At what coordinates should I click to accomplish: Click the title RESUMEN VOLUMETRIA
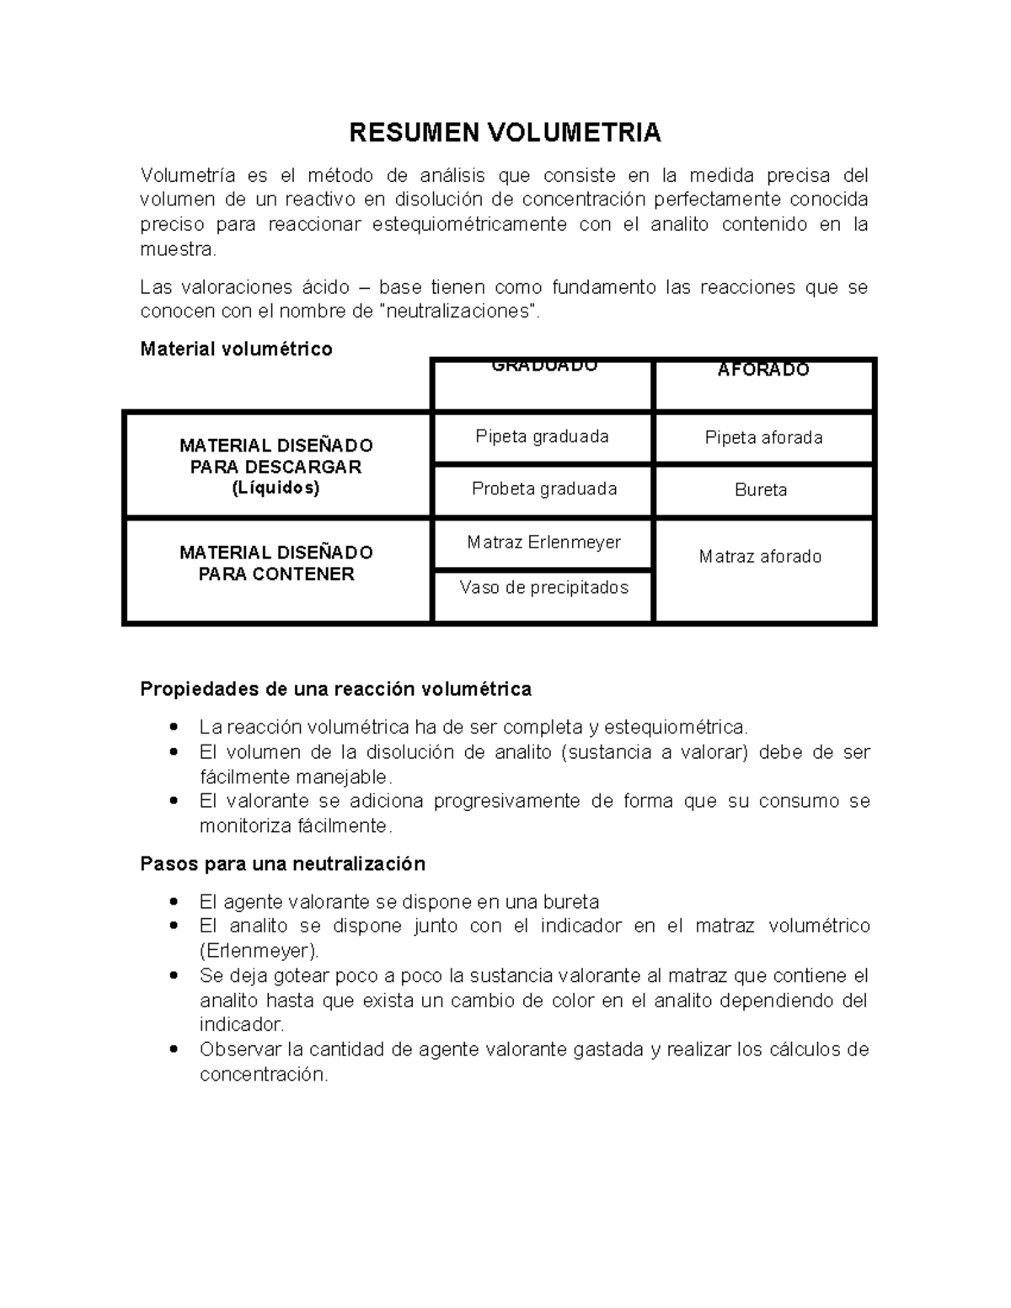tap(505, 132)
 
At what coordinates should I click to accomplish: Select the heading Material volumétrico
tap(236, 349)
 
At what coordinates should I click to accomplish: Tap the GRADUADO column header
tap(543, 367)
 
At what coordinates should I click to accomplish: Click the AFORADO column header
tap(763, 370)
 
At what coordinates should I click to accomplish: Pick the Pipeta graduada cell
tap(542, 436)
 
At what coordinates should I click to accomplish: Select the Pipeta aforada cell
tap(763, 437)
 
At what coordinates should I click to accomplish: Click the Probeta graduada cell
tap(543, 488)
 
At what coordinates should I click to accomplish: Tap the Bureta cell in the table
tap(761, 490)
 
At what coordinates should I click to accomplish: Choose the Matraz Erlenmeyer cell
tap(543, 542)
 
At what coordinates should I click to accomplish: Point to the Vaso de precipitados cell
tap(543, 587)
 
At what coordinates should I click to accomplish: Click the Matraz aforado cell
tap(761, 557)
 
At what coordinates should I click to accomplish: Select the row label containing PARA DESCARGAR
tap(276, 467)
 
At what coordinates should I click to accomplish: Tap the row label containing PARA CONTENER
tap(276, 574)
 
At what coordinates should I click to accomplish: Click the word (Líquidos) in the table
tap(276, 488)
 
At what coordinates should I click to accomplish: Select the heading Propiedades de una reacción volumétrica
tap(335, 689)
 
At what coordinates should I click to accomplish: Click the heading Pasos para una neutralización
tap(282, 863)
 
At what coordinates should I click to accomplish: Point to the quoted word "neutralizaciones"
tap(458, 311)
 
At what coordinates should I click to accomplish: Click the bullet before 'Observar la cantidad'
tap(174, 1049)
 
